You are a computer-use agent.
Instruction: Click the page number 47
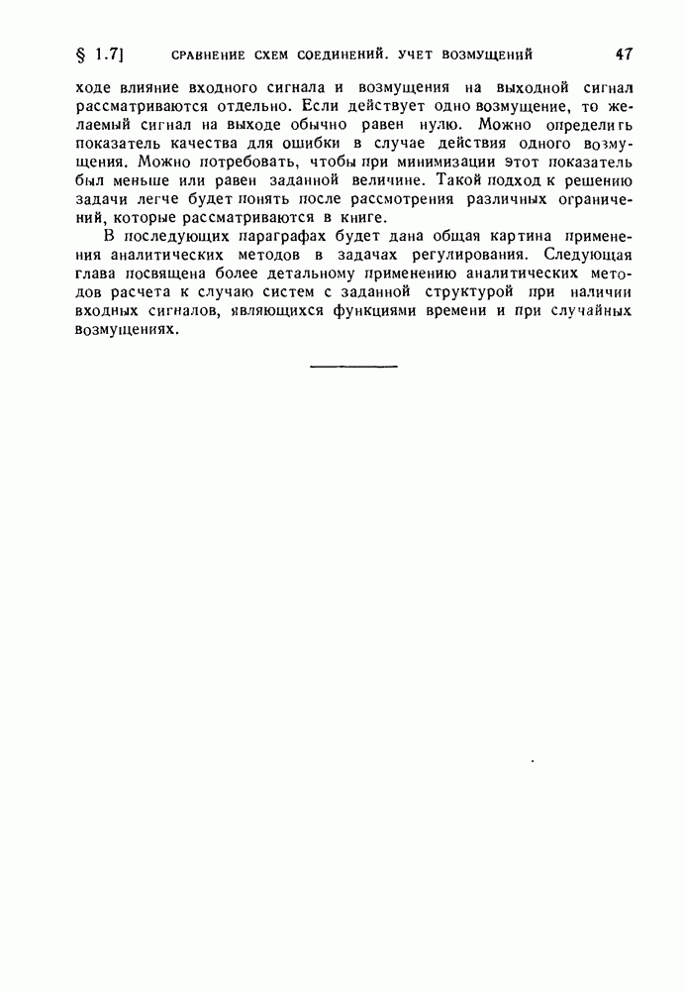pyautogui.click(x=624, y=54)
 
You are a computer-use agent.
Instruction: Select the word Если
pyautogui.click(x=323, y=106)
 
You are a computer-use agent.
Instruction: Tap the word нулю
pyautogui.click(x=439, y=125)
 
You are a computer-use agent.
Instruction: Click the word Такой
pyautogui.click(x=450, y=180)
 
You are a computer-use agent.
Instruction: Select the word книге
pyautogui.click(x=358, y=218)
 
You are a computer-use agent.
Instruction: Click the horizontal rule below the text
pyautogui.click(x=353, y=367)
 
